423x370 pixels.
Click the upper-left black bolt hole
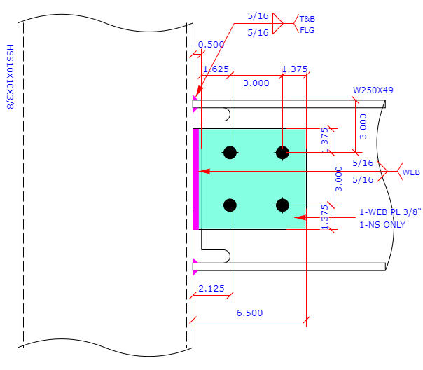click(230, 152)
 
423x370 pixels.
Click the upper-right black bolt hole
click(282, 152)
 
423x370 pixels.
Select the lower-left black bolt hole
click(230, 205)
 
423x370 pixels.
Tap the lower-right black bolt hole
click(282, 205)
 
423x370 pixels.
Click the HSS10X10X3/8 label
click(10, 76)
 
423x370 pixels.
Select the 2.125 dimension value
click(211, 288)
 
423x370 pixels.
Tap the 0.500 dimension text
click(211, 44)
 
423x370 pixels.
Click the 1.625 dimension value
click(214, 69)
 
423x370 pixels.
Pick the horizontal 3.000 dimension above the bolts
click(256, 83)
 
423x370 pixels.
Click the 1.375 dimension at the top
click(294, 69)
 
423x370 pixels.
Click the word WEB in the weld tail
click(410, 172)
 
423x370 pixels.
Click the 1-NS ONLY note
click(382, 224)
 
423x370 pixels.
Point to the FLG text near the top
click(307, 30)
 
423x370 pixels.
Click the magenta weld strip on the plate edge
click(196, 179)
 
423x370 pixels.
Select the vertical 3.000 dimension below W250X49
click(363, 127)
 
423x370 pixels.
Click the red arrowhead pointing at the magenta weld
click(204, 171)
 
